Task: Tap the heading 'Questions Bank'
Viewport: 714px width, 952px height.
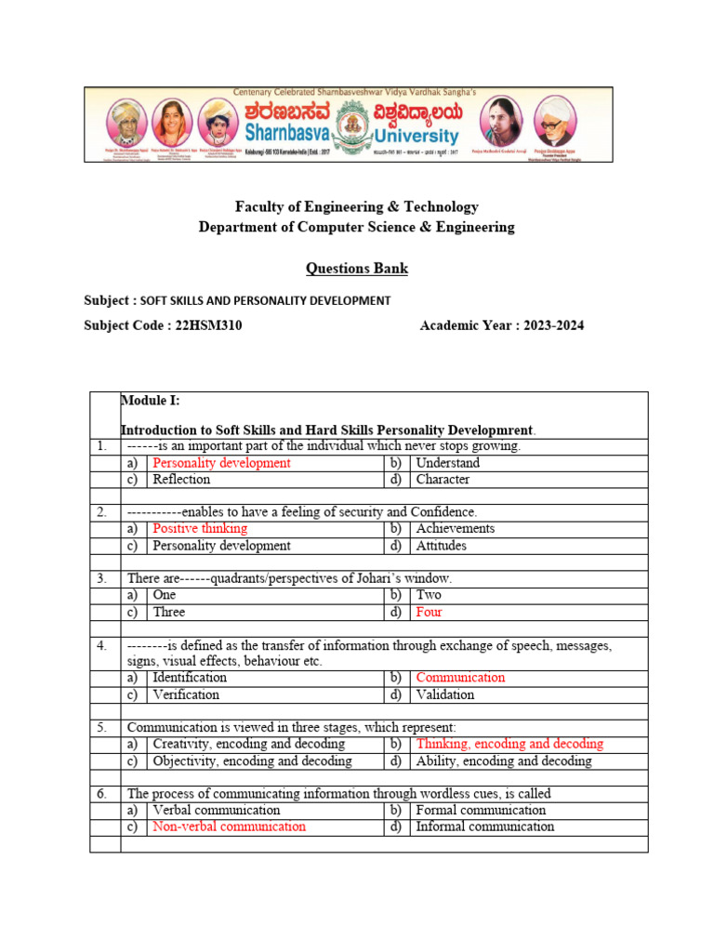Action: click(x=357, y=269)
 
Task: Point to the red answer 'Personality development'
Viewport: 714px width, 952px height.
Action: click(x=221, y=463)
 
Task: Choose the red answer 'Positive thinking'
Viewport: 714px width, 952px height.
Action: click(x=200, y=528)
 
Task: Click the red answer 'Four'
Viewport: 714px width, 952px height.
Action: click(x=430, y=612)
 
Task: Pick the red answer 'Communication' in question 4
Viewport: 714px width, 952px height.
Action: click(x=460, y=677)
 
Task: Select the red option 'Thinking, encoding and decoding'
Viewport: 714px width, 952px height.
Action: click(x=509, y=744)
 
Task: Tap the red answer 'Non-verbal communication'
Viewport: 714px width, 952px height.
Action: click(x=229, y=826)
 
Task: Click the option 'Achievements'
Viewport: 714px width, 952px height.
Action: click(x=456, y=528)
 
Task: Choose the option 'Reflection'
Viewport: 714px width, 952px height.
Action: click(x=181, y=480)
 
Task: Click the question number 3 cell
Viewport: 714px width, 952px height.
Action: click(x=102, y=578)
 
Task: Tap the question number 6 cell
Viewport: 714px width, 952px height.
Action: click(x=102, y=794)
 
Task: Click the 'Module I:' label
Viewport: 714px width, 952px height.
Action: click(x=151, y=400)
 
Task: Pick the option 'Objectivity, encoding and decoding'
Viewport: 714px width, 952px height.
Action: click(x=252, y=760)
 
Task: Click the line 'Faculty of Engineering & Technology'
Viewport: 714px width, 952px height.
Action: click(x=357, y=207)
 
